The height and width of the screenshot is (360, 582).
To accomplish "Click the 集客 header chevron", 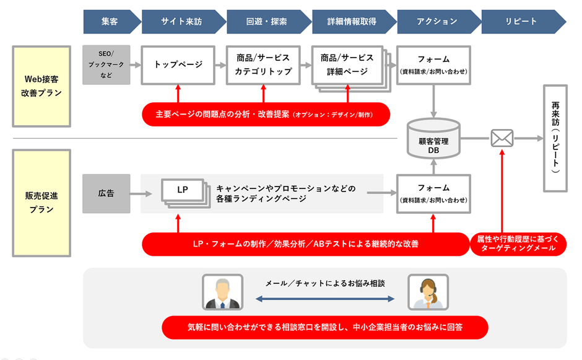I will [x=110, y=21].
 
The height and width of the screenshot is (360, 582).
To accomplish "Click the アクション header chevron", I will [x=436, y=21].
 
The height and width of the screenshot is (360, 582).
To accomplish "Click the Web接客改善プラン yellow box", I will [x=41, y=86].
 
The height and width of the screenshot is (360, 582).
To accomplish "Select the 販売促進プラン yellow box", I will [x=41, y=203].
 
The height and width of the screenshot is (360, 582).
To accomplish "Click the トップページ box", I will [x=178, y=64].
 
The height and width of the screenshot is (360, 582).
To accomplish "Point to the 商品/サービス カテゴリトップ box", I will [x=263, y=64].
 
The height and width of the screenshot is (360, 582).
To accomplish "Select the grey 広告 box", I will [x=106, y=194].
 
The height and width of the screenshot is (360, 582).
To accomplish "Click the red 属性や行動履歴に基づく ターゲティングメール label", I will [x=518, y=244].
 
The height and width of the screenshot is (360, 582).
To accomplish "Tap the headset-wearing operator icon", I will [x=428, y=292].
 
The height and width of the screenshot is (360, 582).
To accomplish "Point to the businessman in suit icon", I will [x=222, y=292].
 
